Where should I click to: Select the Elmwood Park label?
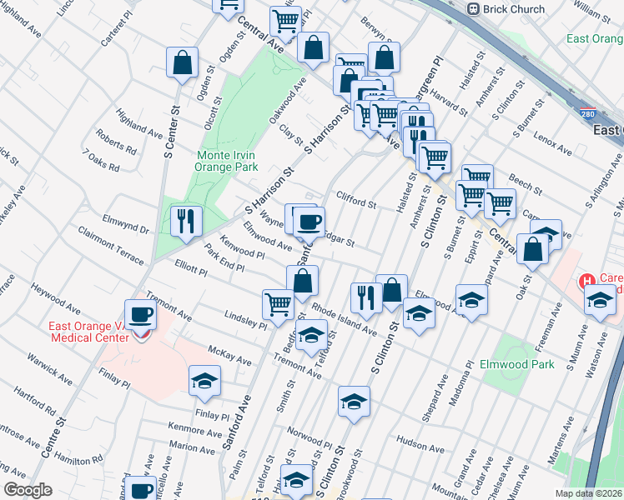(516, 364)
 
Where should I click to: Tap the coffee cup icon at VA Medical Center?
(140, 315)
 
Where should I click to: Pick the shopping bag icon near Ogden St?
(183, 62)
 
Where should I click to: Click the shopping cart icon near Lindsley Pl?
(278, 303)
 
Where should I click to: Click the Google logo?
(28, 490)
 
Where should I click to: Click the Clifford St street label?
(356, 200)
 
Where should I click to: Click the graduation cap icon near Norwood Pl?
(354, 401)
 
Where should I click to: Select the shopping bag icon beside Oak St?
(533, 248)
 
